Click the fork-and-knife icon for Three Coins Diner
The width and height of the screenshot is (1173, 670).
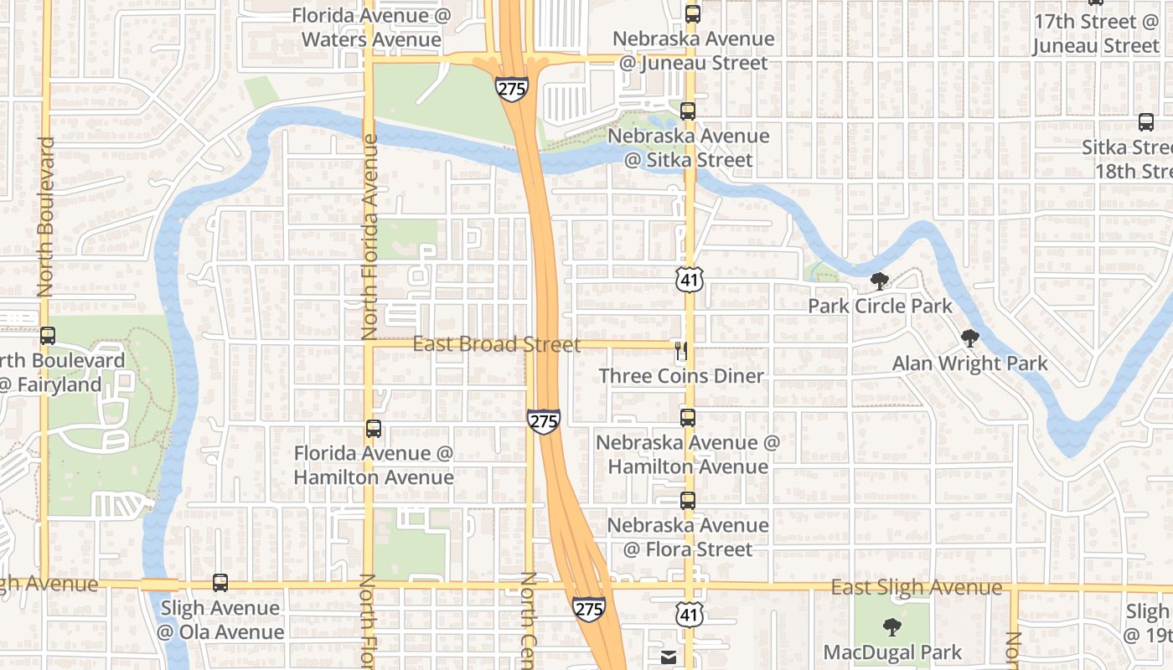[x=681, y=350]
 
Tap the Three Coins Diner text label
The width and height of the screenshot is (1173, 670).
[x=681, y=376]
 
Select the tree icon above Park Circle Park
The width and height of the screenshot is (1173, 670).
[x=879, y=281]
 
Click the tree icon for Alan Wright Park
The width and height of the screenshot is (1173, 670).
[x=970, y=338]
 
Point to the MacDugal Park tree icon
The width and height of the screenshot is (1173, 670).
[x=891, y=626]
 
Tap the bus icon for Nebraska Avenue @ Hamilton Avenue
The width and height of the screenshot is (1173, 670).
[x=688, y=417]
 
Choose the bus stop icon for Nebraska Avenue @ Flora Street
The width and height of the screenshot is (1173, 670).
[x=688, y=501]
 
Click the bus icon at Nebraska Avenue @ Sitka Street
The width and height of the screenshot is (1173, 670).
[x=688, y=111]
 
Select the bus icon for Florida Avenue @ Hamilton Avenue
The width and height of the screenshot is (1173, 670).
[x=374, y=429]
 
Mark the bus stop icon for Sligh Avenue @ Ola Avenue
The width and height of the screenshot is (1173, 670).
[x=220, y=583]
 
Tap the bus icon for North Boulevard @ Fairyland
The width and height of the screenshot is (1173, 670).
[x=48, y=336]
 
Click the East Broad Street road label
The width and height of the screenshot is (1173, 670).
[x=496, y=345]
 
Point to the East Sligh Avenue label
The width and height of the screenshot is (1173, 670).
[x=916, y=588]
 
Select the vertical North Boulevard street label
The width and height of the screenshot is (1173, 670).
[x=45, y=216]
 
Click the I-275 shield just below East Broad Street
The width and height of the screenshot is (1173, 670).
[x=544, y=421]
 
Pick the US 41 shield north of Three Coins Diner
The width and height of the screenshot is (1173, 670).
[x=689, y=280]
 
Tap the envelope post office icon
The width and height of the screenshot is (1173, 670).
[x=669, y=657]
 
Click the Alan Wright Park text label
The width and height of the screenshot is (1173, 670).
[x=969, y=363]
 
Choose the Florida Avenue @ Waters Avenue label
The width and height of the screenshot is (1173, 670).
[x=371, y=28]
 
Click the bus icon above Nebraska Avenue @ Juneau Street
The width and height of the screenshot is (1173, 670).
[x=692, y=13]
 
